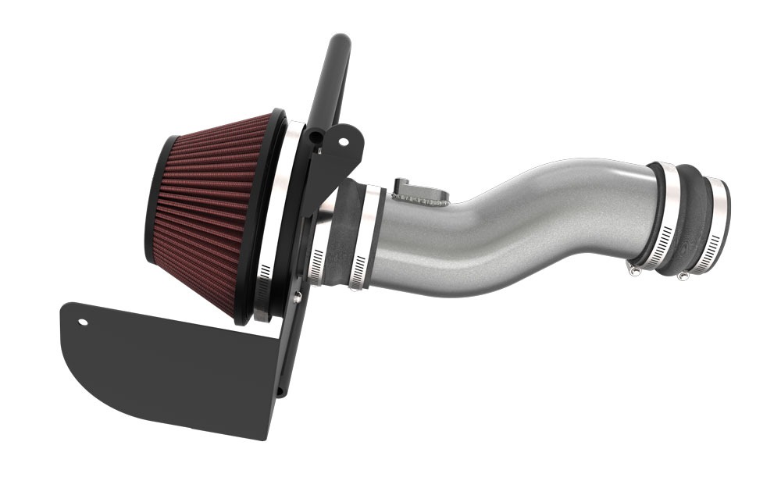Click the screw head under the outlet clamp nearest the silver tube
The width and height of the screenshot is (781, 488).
[x=634, y=269]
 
